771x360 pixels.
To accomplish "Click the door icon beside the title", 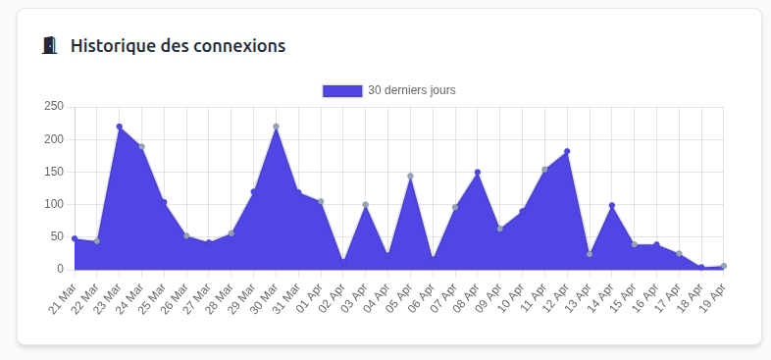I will click(x=49, y=46).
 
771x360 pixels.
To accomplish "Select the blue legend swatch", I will click(x=342, y=90).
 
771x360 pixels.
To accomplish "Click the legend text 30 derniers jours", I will click(x=411, y=90).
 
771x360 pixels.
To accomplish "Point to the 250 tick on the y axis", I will click(x=54, y=107).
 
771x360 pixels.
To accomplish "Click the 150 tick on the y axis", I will click(x=54, y=172).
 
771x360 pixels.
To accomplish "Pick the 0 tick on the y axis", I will click(x=60, y=269).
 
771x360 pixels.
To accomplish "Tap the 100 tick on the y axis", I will click(x=54, y=204).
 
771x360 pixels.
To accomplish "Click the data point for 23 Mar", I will click(x=120, y=127).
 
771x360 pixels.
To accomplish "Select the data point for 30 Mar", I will click(x=277, y=127).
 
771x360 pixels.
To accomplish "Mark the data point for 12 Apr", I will click(x=567, y=151).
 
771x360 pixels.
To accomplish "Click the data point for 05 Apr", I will click(x=410, y=177).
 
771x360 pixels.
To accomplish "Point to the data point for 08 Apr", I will click(x=478, y=173).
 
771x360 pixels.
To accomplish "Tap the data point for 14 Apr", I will click(x=612, y=206).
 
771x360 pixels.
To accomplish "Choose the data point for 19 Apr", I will click(x=724, y=266).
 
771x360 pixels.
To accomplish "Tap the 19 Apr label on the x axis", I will click(x=714, y=293).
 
